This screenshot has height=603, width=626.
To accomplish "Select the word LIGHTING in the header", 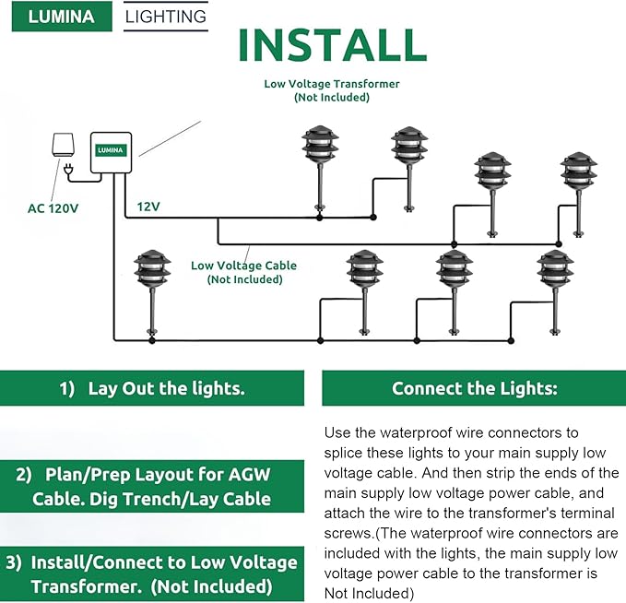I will [166, 17].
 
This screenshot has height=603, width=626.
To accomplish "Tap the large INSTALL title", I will [332, 45].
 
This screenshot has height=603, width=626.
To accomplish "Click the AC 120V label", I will [53, 208].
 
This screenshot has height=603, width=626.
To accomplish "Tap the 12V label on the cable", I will [149, 207].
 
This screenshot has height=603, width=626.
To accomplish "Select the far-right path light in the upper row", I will [581, 194].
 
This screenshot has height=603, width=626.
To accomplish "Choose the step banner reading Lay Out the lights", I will [152, 388].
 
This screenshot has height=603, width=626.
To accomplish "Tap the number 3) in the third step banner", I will [15, 562].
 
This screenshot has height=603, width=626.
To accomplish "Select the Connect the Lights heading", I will [474, 388].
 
